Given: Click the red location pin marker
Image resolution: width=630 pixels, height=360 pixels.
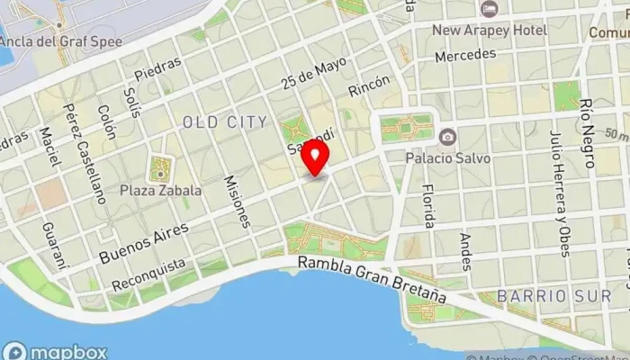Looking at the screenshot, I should (x=315, y=157).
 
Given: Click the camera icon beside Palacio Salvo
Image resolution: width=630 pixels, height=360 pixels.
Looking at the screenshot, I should (x=447, y=137).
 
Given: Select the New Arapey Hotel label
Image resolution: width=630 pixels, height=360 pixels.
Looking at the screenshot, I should (x=490, y=30).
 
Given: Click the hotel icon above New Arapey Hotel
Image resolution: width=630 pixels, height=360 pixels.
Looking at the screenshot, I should (x=490, y=9).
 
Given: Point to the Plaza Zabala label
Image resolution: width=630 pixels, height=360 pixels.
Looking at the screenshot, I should (x=161, y=190).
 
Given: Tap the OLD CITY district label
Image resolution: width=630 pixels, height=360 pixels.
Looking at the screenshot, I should (x=224, y=121).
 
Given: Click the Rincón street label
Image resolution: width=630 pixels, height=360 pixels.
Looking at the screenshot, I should (x=369, y=86).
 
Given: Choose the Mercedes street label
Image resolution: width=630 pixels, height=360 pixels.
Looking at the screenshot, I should (x=464, y=56).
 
